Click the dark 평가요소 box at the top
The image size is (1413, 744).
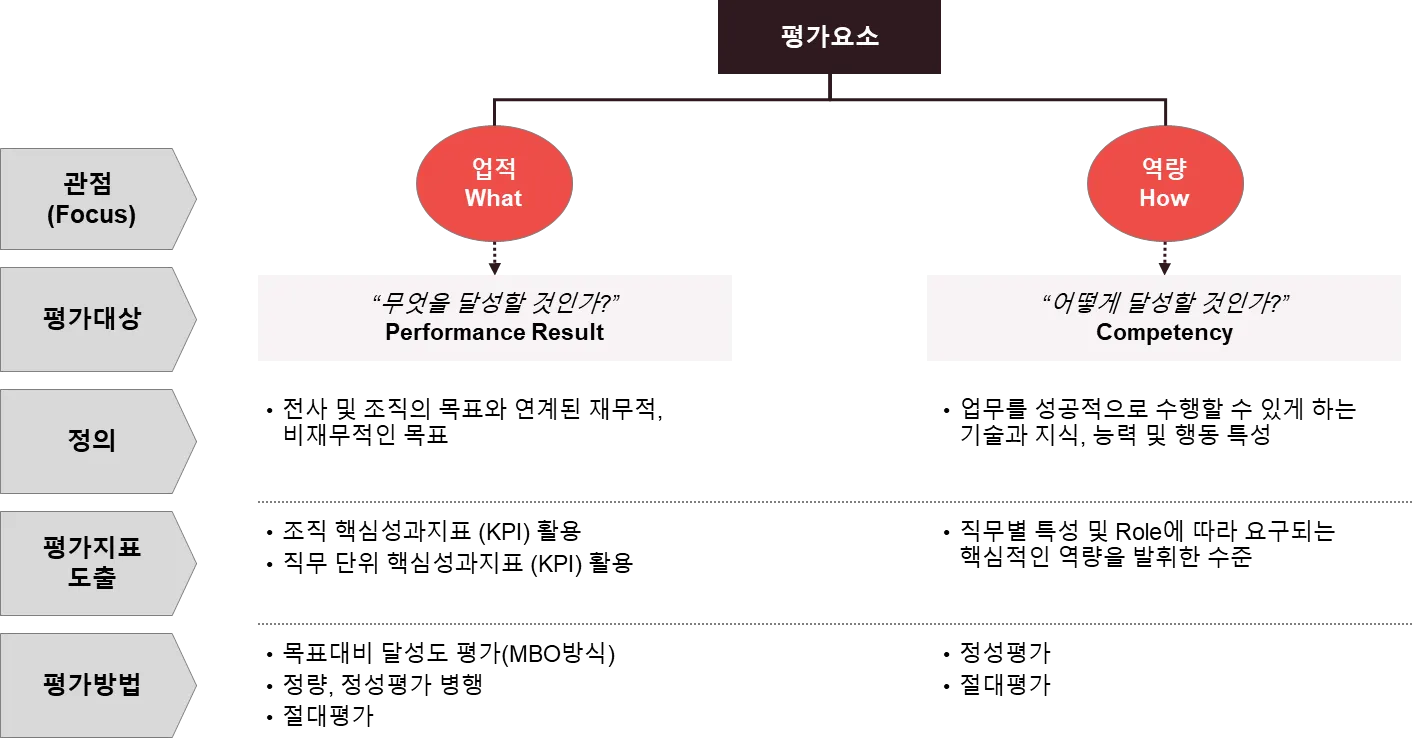828,38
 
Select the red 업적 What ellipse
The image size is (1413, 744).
494,184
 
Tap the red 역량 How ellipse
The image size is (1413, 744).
1164,184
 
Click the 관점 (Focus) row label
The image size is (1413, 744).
92,198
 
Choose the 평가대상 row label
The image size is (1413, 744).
92,319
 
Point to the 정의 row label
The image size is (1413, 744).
92,441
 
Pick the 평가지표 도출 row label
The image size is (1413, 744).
92,562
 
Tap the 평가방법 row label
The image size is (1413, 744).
92,685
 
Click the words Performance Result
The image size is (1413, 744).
494,333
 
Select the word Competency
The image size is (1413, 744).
1164,333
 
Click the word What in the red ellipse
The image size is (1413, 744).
494,198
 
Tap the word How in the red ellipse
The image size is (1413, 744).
1164,198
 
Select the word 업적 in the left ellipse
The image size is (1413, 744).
494,169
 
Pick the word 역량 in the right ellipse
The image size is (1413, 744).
1164,169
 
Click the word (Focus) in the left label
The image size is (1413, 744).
92,214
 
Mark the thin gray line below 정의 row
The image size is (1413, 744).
834,500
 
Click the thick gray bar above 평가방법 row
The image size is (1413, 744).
834,624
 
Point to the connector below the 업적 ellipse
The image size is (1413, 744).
493,258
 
